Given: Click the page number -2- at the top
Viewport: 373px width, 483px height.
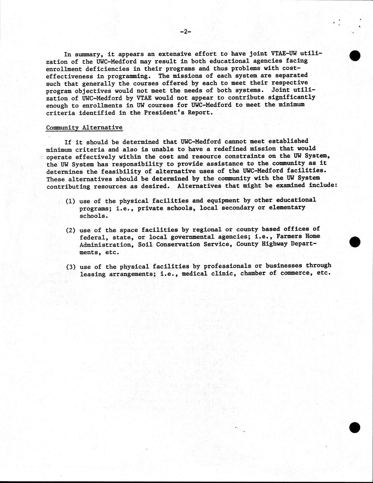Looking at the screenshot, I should tap(185, 32).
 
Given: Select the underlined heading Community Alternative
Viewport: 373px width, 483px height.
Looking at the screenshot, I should tap(84, 127).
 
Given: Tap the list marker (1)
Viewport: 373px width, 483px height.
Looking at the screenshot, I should tap(70, 201).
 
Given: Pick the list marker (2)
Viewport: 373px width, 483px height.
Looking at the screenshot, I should tap(70, 230).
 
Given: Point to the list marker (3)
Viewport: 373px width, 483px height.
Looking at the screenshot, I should tap(71, 267).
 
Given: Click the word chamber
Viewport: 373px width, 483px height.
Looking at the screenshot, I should tap(253, 273).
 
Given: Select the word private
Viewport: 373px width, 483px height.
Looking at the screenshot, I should tap(150, 208).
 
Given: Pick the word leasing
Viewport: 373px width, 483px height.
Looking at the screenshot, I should tap(92, 274).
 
